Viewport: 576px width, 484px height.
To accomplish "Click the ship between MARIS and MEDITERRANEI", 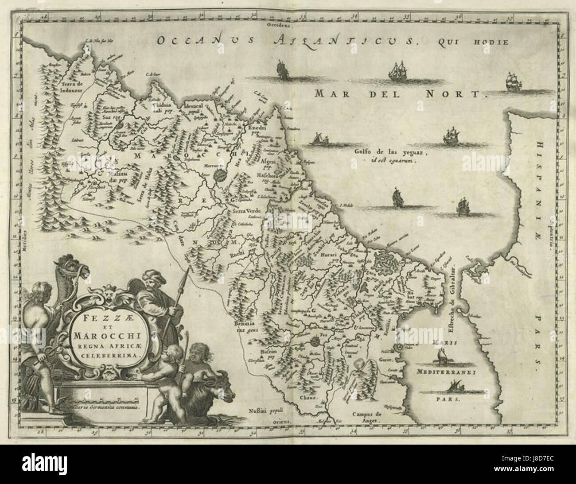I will click(443, 356).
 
